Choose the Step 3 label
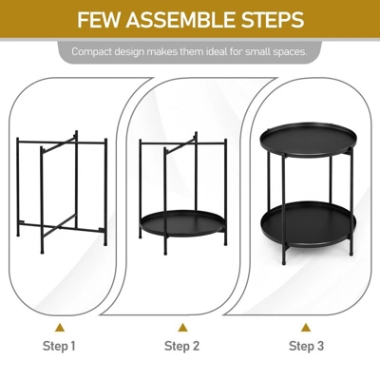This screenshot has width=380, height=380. tap(307, 346)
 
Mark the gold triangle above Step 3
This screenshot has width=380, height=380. tap(307, 325)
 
